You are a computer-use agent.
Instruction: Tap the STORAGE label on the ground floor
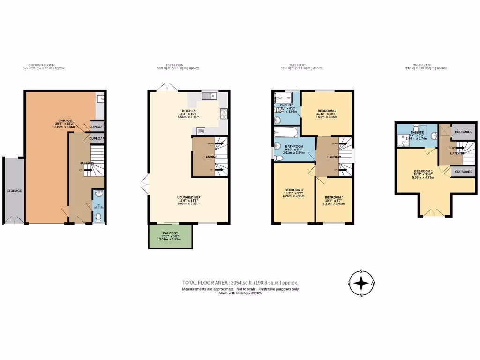tap(14, 191)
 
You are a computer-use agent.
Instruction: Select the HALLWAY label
tap(87, 163)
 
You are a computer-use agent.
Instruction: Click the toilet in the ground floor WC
tap(98, 217)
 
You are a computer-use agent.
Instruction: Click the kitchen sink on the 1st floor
tap(209, 96)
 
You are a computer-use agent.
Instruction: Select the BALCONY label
tap(170, 232)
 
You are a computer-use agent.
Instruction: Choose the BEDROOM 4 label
tap(333, 197)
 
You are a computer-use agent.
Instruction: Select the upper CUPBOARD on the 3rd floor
tap(464, 132)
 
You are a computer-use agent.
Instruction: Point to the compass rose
tap(361, 283)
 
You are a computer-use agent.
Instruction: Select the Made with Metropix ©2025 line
tap(240, 293)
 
